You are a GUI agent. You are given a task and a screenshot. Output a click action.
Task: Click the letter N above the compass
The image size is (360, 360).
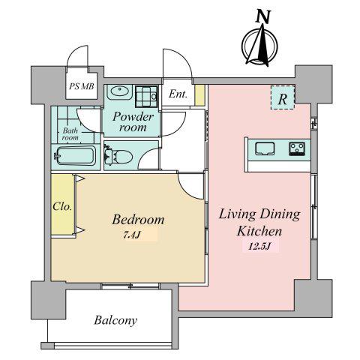(263, 17)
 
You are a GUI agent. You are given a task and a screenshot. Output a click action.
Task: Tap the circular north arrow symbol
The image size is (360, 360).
(259, 46)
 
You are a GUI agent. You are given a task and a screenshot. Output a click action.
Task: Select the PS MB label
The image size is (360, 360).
(82, 86)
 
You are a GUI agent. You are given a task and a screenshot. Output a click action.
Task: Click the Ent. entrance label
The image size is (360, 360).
(178, 94)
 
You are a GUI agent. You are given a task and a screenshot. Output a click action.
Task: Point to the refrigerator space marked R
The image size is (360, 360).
(283, 97)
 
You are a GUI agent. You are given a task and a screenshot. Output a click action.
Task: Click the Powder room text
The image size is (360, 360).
(133, 121)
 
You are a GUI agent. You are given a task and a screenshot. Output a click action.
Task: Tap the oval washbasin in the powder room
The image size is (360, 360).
(120, 91)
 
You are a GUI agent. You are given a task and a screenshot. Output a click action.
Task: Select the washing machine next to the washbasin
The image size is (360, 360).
(147, 96)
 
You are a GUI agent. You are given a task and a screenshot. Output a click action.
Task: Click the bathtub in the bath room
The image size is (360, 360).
(76, 156)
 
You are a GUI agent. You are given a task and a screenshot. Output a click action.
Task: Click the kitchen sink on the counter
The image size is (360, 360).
(265, 148)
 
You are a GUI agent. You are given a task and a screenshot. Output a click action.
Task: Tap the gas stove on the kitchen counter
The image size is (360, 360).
(297, 148)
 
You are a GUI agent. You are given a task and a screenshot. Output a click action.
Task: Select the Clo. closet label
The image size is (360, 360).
(62, 207)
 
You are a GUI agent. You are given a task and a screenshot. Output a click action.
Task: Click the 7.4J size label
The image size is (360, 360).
(131, 235)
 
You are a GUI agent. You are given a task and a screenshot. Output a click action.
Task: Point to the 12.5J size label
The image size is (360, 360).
(260, 247)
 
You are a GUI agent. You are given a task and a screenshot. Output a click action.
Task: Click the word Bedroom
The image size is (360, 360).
(138, 220)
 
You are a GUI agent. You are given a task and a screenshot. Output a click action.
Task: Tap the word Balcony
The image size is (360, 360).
(115, 320)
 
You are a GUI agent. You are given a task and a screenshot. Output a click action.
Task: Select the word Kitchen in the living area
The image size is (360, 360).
(259, 231)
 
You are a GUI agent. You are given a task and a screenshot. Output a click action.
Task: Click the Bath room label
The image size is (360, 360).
(70, 134)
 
